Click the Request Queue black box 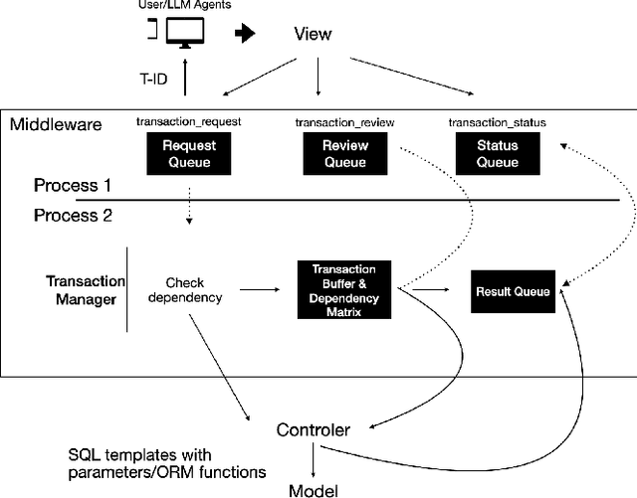click(x=190, y=154)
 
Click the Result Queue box click(x=516, y=290)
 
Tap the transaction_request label click(x=189, y=122)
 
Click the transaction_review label click(x=345, y=122)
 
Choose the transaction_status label click(x=498, y=122)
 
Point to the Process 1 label click(x=72, y=186)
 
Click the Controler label click(x=313, y=429)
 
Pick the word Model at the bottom click(x=313, y=488)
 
